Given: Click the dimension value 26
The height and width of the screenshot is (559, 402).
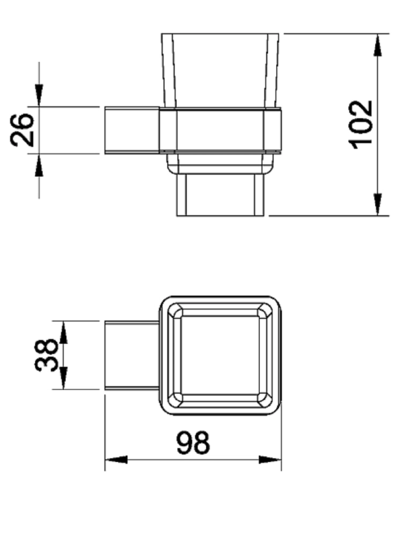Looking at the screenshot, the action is (x=22, y=130).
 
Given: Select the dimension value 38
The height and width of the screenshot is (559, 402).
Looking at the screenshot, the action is (x=46, y=355).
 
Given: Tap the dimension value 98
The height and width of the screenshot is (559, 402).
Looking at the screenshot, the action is (x=193, y=442).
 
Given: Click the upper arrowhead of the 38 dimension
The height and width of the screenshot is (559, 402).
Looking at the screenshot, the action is (x=63, y=332).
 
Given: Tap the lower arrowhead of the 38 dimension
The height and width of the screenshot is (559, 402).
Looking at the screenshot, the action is (x=63, y=378).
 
